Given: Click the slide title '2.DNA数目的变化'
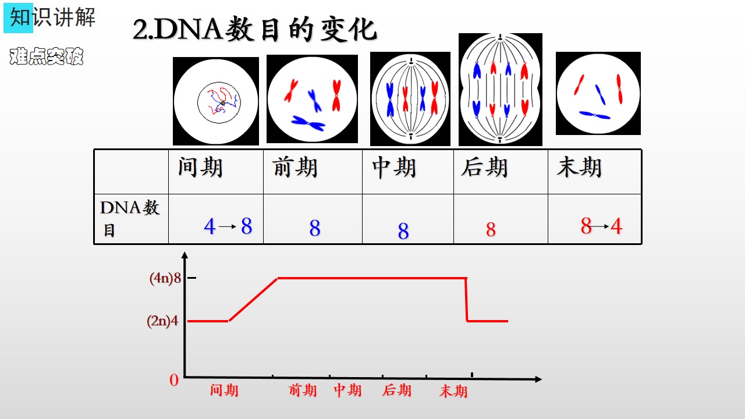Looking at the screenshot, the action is [255, 29].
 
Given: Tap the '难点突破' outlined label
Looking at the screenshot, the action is [46, 56].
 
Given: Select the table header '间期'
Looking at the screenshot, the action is [200, 167].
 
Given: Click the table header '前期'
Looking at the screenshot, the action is [295, 167].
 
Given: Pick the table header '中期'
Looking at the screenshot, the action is [394, 167].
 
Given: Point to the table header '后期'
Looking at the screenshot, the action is [484, 167].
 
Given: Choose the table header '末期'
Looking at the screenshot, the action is [579, 167].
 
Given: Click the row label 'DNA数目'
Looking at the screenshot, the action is [130, 218].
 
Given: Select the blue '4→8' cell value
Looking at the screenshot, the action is [228, 226].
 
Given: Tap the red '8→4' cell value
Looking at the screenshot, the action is [601, 226].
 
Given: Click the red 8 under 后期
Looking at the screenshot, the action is [491, 229].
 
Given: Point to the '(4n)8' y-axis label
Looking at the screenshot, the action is [165, 278].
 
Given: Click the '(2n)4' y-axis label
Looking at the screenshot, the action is [162, 321].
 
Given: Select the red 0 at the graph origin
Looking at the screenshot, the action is [174, 380].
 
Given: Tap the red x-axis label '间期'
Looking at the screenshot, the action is [224, 390].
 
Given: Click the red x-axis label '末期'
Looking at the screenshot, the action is [453, 391].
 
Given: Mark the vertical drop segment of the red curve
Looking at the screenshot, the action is [466, 299].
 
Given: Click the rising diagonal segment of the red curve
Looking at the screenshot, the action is [253, 299].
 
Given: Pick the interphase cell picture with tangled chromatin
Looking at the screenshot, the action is [216, 101].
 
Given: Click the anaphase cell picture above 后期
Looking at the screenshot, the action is [500, 89].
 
